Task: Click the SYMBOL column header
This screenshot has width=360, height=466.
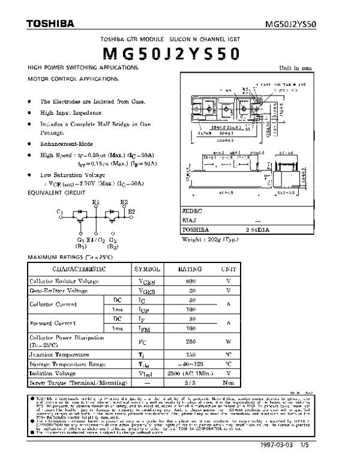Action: pyautogui.click(x=146, y=270)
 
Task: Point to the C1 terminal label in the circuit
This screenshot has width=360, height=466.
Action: pyautogui.click(x=59, y=212)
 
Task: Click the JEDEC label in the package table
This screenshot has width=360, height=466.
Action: pyautogui.click(x=193, y=212)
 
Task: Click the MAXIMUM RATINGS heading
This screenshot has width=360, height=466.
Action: pyautogui.click(x=63, y=257)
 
